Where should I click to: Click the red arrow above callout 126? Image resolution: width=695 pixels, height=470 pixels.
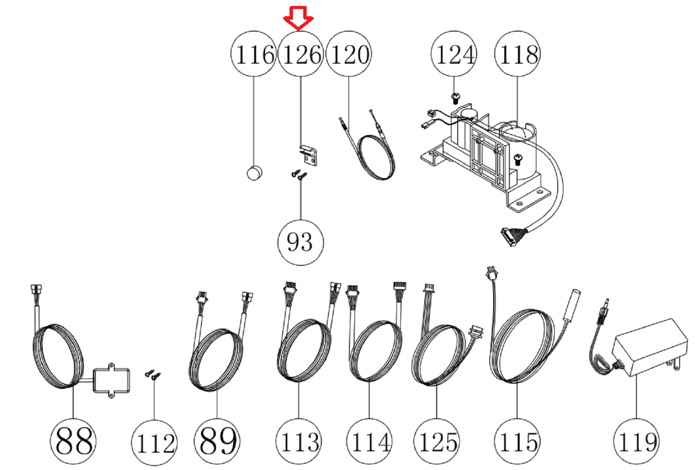click(x=299, y=18)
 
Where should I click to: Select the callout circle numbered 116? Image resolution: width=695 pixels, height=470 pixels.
click(x=254, y=54)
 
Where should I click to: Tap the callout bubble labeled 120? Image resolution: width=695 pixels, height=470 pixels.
click(x=349, y=54)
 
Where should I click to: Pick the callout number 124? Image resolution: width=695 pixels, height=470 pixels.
click(x=454, y=54)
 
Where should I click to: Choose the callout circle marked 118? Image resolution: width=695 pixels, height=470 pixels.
click(x=518, y=54)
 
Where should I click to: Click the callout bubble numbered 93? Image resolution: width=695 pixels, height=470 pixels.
click(x=300, y=242)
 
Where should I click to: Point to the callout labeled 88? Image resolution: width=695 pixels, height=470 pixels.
click(x=73, y=441)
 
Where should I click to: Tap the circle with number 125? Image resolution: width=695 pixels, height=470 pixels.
click(x=437, y=441)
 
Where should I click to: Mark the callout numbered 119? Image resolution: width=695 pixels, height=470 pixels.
click(x=636, y=441)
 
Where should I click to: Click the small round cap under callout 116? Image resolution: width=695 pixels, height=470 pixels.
click(x=254, y=173)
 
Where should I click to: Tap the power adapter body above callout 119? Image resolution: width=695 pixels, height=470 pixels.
click(x=650, y=346)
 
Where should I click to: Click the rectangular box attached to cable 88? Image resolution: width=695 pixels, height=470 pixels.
click(x=111, y=380)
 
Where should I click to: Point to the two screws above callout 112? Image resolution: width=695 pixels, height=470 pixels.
click(x=153, y=375)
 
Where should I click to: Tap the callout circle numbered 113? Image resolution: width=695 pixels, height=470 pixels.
click(x=299, y=441)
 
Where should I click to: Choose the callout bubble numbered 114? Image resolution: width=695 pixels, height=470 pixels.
click(x=370, y=441)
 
